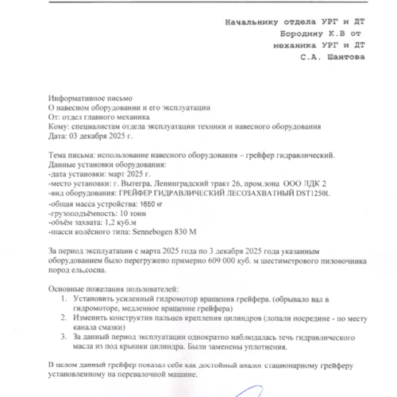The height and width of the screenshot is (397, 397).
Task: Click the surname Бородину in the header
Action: coord(305,35)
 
